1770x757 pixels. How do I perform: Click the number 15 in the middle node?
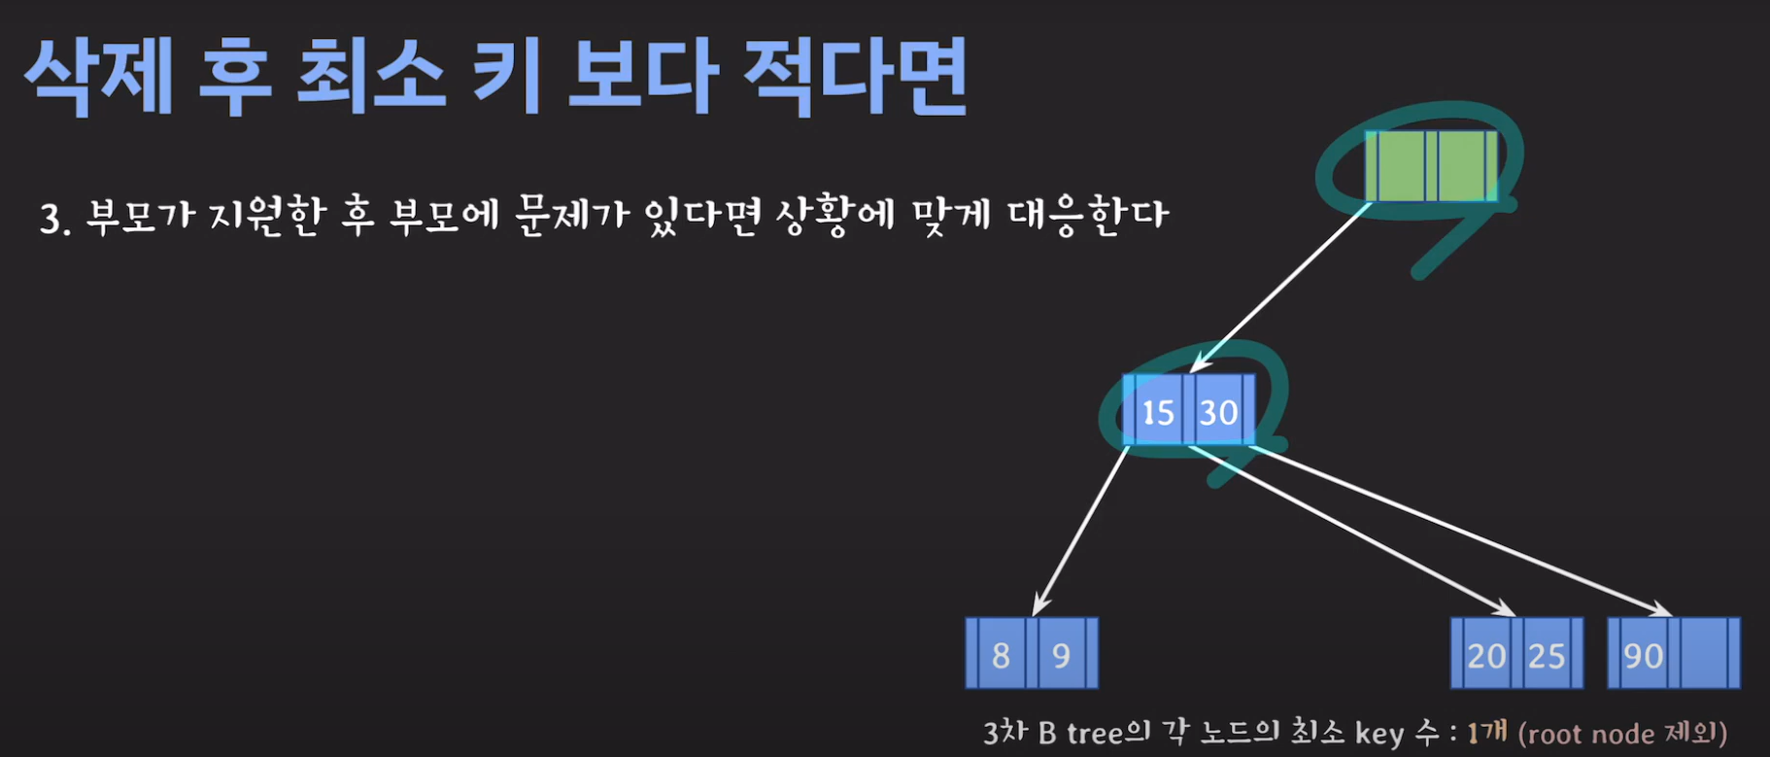coord(1157,412)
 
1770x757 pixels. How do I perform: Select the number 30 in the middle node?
coord(1218,412)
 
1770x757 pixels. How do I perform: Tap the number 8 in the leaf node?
coord(1001,655)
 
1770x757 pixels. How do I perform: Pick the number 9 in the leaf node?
coord(1061,655)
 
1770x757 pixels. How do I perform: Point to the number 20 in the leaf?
coord(1485,656)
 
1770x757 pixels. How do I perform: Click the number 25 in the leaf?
coord(1547,656)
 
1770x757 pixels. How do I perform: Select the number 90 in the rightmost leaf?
coord(1643,656)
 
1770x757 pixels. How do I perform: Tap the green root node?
coord(1430,166)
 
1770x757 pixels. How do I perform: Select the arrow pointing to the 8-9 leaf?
coord(1080,531)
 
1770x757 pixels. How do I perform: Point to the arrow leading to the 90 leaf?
coord(1457,530)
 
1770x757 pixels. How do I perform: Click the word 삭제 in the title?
coord(98,77)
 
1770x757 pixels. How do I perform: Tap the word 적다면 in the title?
coord(855,77)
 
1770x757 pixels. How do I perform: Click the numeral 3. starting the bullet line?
coord(54,219)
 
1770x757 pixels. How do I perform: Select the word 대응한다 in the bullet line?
coord(1088,215)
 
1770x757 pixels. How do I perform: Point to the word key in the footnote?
coord(1379,733)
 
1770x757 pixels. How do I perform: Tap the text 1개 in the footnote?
coord(1486,732)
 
